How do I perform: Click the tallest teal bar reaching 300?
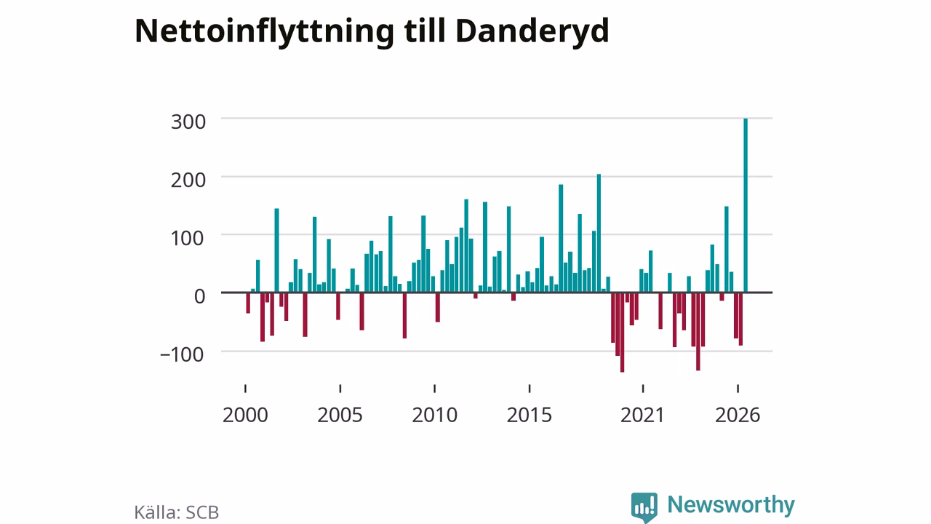[746, 205]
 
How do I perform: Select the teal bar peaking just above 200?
[599, 234]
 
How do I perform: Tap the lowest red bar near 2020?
[622, 333]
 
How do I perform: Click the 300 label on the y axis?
[188, 122]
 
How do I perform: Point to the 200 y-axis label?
[188, 180]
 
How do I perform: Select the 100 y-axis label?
[188, 238]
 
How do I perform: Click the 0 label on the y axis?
[199, 296]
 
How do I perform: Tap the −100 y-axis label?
[182, 354]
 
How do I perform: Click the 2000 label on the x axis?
[245, 415]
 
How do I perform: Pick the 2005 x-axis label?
[340, 415]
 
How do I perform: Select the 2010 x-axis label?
[435, 415]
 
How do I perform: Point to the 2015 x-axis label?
[530, 415]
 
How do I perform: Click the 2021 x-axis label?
[643, 415]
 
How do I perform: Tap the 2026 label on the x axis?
[738, 415]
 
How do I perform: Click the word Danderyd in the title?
[532, 32]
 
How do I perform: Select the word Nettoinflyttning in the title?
[264, 32]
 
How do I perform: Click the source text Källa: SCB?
[177, 512]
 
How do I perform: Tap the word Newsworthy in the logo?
[731, 504]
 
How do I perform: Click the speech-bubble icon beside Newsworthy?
[644, 507]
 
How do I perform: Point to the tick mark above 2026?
[738, 389]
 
